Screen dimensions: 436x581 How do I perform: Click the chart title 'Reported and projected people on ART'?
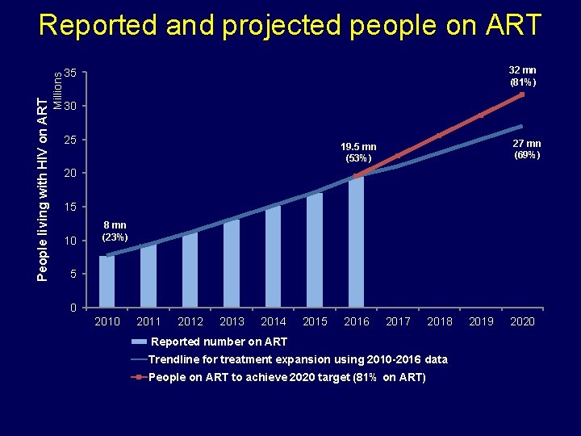[290, 25]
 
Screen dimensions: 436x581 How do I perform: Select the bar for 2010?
[107, 282]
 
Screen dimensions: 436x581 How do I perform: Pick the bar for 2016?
[356, 242]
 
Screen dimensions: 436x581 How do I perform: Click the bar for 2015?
[315, 250]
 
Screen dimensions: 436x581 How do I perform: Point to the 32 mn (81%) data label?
[522, 77]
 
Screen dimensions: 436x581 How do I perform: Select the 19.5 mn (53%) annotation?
[357, 153]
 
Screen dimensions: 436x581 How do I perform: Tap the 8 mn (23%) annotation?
[114, 231]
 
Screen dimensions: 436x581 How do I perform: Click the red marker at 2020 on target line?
[522, 94]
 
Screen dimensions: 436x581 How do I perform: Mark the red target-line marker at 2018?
[439, 136]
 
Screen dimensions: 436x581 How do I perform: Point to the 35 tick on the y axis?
[71, 73]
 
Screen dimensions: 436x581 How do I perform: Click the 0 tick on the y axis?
[73, 308]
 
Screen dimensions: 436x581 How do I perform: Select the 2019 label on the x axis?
[481, 321]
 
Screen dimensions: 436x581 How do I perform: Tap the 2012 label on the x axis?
[190, 321]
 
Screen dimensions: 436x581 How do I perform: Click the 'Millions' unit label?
[57, 86]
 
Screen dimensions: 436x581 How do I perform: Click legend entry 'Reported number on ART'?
[219, 342]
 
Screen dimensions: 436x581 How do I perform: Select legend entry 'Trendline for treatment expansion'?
[298, 359]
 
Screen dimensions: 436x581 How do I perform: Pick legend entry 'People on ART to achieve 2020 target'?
[287, 377]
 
